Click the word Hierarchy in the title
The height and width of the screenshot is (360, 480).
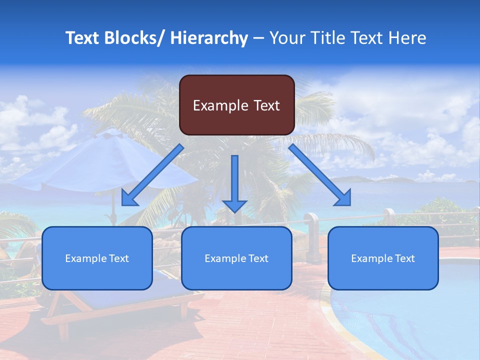pyautogui.click(x=209, y=38)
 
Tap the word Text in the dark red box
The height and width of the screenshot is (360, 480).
pyautogui.click(x=264, y=105)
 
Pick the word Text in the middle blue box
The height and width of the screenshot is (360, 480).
pyautogui.click(x=258, y=258)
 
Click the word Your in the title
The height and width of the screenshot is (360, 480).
pyautogui.click(x=288, y=38)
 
